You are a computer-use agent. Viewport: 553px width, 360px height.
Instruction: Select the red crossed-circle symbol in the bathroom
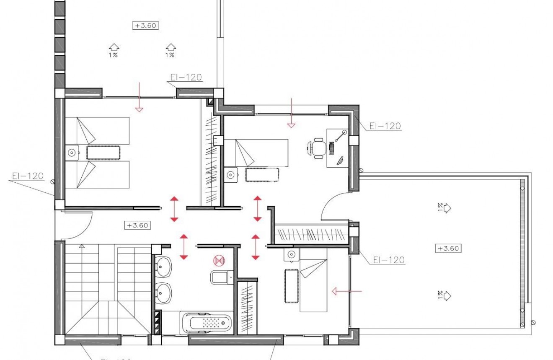[219, 261]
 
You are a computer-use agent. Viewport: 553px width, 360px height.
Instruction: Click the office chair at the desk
[317, 148]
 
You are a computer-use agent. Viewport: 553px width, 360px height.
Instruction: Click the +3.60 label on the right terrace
[448, 248]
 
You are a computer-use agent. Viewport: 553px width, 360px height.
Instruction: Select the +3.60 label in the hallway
[137, 225]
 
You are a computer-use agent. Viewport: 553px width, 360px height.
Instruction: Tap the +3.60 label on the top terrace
[145, 26]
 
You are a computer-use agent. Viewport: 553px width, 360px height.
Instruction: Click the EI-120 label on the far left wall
[28, 176]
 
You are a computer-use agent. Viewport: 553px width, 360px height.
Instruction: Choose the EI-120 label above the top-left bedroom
[186, 78]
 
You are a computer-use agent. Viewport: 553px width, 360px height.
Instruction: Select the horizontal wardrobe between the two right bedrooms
[312, 234]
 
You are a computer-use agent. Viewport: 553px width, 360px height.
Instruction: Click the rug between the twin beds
[103, 153]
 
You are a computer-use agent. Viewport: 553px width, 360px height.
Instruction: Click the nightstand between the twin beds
[72, 153]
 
